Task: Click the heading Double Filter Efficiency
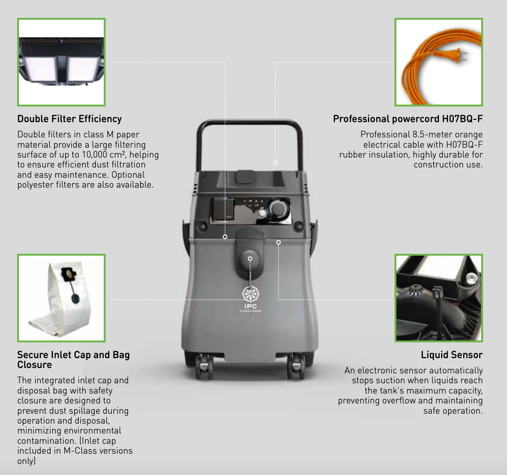69,119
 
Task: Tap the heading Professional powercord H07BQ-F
408,119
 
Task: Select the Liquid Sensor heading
451,355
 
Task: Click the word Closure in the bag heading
35,365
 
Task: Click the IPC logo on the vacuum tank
250,298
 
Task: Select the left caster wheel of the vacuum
204,367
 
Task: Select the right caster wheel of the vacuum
296,367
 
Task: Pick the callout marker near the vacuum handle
276,163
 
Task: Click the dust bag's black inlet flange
69,274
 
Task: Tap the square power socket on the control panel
223,209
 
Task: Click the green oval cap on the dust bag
76,299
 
